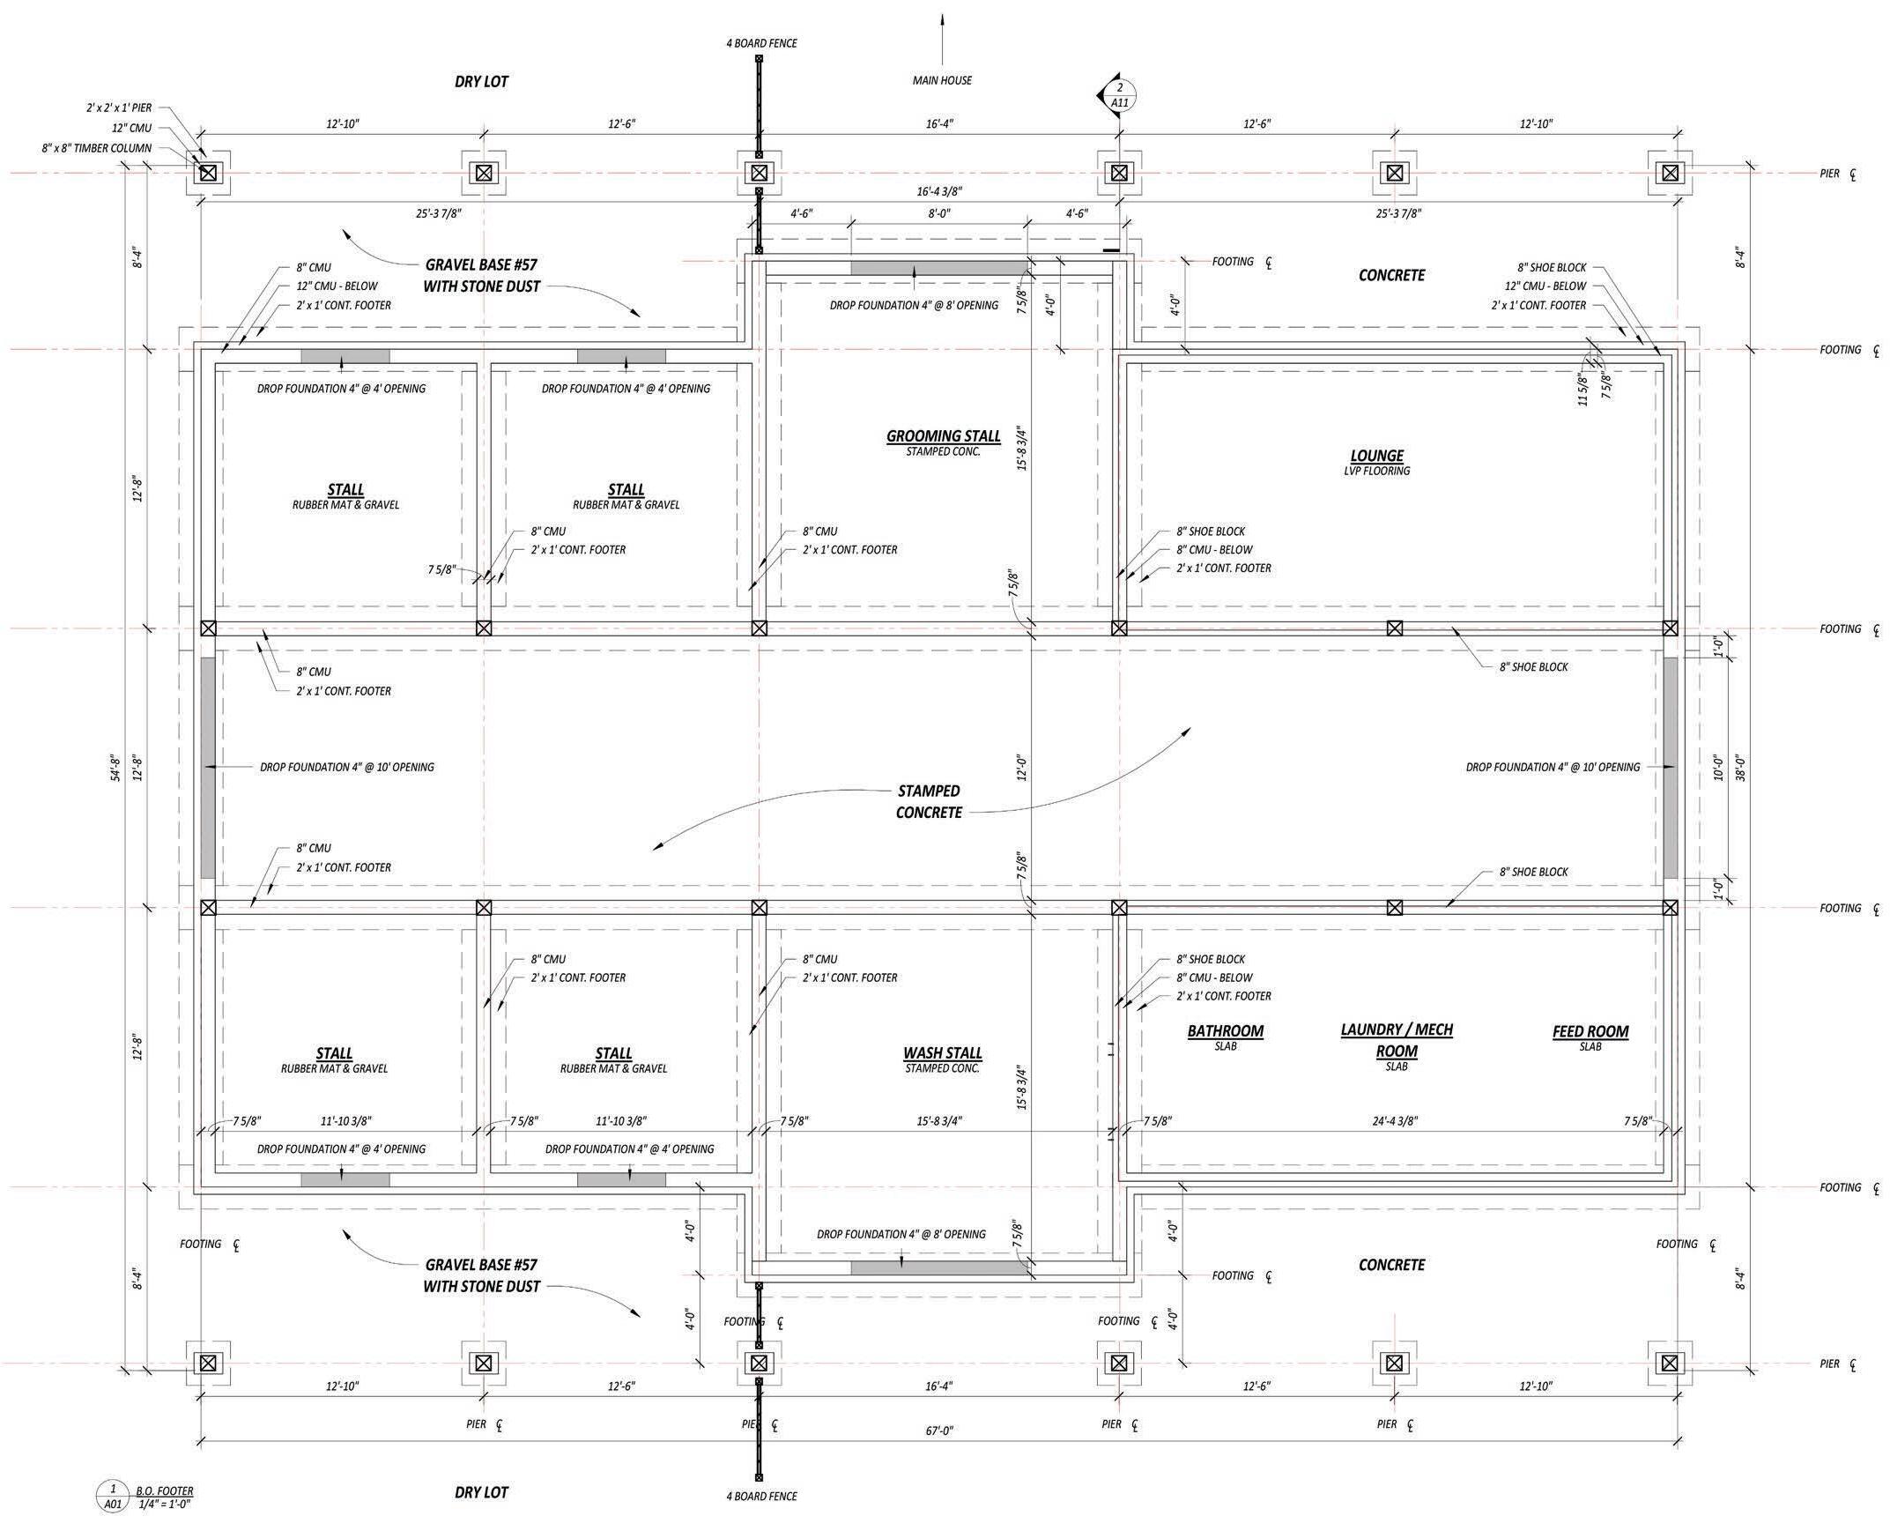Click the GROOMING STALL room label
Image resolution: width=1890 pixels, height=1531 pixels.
point(943,435)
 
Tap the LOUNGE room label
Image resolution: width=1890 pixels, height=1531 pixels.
point(1377,456)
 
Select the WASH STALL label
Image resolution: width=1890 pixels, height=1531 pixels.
point(942,1053)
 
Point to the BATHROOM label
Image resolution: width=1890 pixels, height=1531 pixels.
point(1226,1031)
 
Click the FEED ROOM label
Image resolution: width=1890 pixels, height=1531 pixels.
point(1590,1031)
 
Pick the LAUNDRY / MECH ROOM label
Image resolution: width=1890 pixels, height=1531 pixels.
point(1397,1040)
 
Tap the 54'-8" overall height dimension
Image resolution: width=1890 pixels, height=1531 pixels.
point(115,768)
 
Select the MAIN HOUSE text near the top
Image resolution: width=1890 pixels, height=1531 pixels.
point(942,80)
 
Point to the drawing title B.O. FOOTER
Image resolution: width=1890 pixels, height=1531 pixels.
point(164,1490)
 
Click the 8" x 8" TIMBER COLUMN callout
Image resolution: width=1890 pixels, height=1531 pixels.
point(96,148)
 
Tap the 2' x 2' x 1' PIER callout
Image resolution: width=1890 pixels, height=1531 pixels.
point(118,108)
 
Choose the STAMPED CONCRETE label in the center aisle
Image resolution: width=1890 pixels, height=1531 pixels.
point(928,802)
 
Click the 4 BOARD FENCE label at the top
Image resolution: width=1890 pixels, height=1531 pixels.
point(761,43)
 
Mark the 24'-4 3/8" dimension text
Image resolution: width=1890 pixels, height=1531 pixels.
point(1394,1121)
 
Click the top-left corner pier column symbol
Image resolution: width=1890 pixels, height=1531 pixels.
point(207,173)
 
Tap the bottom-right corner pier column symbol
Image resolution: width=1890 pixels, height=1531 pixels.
point(1669,1363)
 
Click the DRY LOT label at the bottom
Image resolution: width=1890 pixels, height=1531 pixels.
point(481,1492)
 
